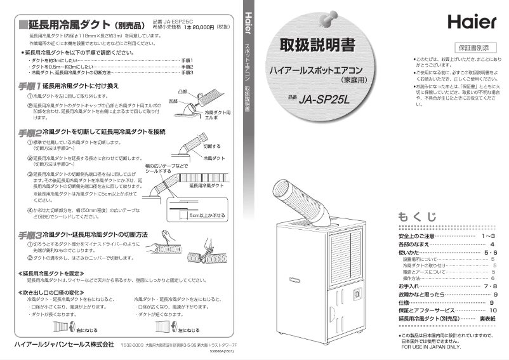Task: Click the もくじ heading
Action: click(x=417, y=217)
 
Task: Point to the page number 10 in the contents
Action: click(x=493, y=310)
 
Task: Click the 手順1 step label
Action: click(x=29, y=85)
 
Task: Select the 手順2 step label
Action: click(x=29, y=132)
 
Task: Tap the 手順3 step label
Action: click(x=29, y=235)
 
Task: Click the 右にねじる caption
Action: click(x=86, y=331)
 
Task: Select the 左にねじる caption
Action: click(x=188, y=331)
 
